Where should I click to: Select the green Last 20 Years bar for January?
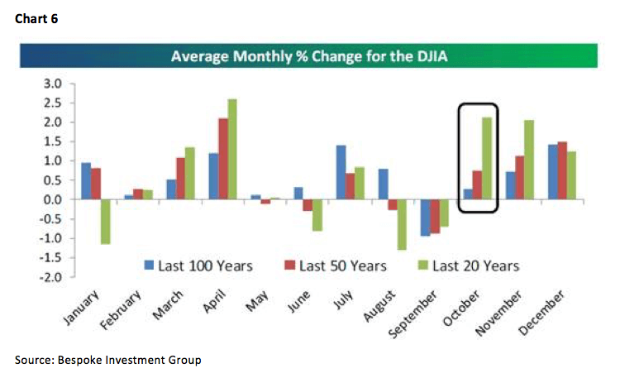(x=106, y=222)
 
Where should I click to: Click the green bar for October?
(x=486, y=158)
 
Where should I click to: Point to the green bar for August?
(x=402, y=224)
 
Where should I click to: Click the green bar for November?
(x=528, y=160)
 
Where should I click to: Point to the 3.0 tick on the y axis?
(x=51, y=84)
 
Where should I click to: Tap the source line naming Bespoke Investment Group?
(x=108, y=360)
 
